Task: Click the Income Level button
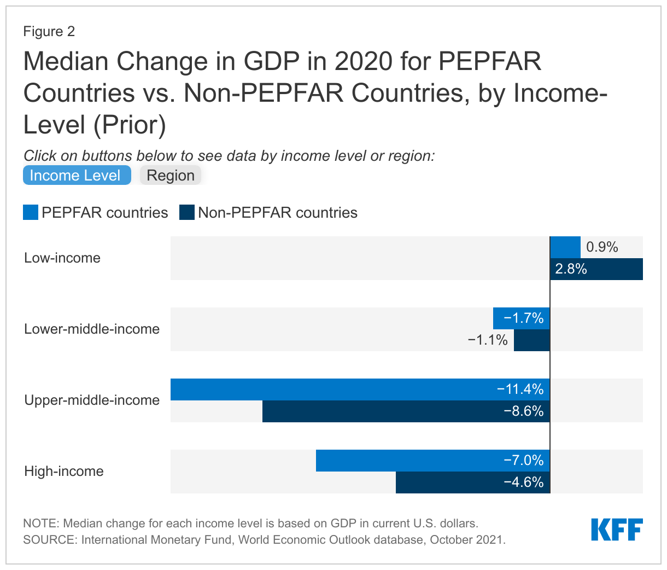(x=77, y=175)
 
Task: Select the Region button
(x=171, y=176)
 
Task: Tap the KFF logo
(x=617, y=530)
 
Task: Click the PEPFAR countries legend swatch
(x=31, y=212)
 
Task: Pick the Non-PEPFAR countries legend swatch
(x=187, y=212)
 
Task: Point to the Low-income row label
(x=62, y=258)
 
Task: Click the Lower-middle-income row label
(x=92, y=329)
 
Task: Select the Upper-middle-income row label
(x=92, y=400)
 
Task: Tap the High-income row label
(x=64, y=471)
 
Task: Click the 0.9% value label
(x=602, y=247)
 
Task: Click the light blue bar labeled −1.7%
(x=521, y=318)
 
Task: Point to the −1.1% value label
(x=488, y=340)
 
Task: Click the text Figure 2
(x=49, y=31)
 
